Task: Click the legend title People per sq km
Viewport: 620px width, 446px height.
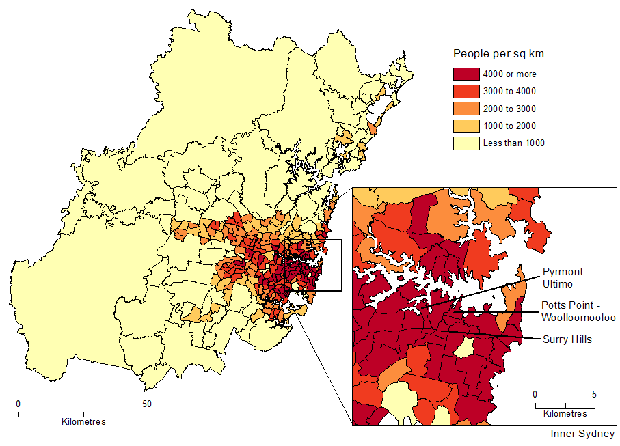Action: coord(499,53)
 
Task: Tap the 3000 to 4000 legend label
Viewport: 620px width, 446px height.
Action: coord(509,92)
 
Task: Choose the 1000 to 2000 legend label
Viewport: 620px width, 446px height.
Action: coord(509,126)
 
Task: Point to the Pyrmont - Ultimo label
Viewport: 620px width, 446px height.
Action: coord(565,277)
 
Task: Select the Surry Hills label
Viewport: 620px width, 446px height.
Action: coord(567,339)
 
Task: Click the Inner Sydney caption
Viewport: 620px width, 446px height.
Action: coord(582,434)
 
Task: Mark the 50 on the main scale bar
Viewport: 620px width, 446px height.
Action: coord(146,404)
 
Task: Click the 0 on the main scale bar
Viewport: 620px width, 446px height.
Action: coord(18,404)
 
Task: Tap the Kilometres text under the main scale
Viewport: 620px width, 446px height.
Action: coord(83,422)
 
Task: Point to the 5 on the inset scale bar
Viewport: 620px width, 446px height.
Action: coord(594,394)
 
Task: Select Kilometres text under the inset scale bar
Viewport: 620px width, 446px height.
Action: coord(565,414)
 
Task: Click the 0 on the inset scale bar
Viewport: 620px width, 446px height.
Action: coord(535,394)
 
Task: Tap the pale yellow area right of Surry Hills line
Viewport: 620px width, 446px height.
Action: coord(465,349)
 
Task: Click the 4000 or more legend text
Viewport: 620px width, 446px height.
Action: coord(509,74)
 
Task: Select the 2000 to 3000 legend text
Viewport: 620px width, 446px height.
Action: coord(509,109)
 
